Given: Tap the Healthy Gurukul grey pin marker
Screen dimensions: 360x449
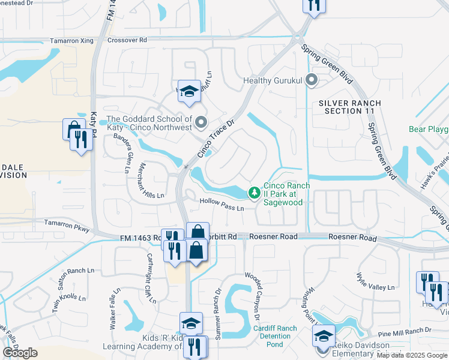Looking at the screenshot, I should [311, 80].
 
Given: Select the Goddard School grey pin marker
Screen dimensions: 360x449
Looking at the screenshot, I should [201, 122].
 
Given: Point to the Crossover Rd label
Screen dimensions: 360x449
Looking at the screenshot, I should [127, 40].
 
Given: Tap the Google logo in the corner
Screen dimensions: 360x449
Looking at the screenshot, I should [20, 352].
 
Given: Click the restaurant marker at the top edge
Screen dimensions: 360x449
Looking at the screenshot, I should [312, 5].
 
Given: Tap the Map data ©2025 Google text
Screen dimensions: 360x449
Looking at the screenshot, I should [411, 355].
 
